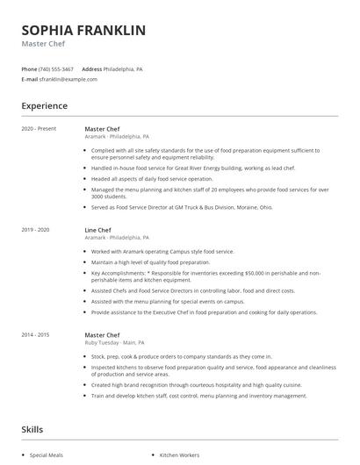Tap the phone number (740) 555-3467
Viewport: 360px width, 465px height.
coord(57,68)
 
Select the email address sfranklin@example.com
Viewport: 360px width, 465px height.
coord(68,79)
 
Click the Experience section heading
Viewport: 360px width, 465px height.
coord(44,106)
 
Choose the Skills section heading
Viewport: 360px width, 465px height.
coord(32,431)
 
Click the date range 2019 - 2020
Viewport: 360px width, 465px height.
coord(36,230)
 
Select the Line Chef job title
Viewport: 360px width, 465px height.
coord(97,230)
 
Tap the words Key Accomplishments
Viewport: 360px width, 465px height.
coord(120,272)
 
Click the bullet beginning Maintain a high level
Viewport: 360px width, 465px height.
coord(150,262)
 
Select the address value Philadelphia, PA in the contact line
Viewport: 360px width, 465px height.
coord(125,68)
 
